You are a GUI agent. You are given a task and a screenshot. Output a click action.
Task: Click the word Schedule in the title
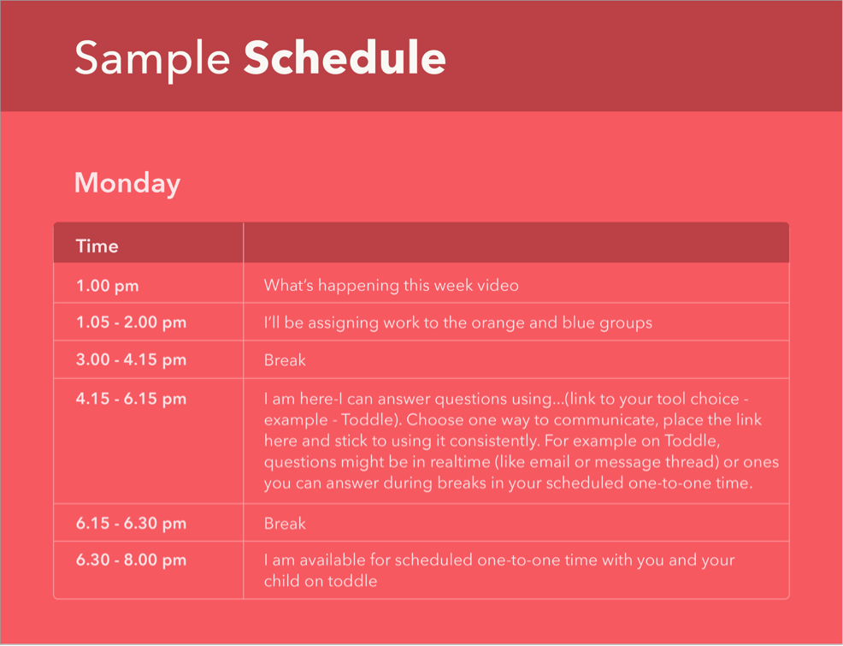coord(345,57)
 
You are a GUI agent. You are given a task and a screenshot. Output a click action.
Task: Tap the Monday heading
coord(127,184)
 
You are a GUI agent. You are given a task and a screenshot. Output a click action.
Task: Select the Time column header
coord(97,246)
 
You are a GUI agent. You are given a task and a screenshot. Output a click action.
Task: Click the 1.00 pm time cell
coord(108,286)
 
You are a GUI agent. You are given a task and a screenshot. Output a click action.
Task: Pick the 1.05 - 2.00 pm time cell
coord(131,323)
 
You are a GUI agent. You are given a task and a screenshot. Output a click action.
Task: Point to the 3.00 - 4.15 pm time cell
coord(131,360)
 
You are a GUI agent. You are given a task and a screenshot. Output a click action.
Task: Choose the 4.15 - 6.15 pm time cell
coord(131,399)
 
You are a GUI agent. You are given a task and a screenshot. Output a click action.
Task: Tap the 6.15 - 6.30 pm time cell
coord(131,524)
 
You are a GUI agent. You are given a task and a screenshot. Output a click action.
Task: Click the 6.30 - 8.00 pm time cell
coord(131,560)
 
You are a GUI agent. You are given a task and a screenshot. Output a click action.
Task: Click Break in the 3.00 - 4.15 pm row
coord(285,360)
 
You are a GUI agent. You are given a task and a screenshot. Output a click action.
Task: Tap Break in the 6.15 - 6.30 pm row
coord(285,524)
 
